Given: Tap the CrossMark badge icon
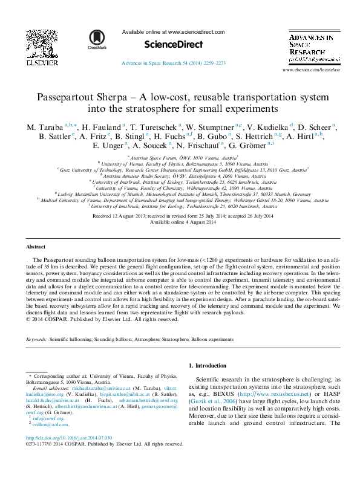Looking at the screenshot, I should tap(96, 39).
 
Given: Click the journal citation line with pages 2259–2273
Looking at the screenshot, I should tap(174, 63).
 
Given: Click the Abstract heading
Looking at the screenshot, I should tap(36, 247).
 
